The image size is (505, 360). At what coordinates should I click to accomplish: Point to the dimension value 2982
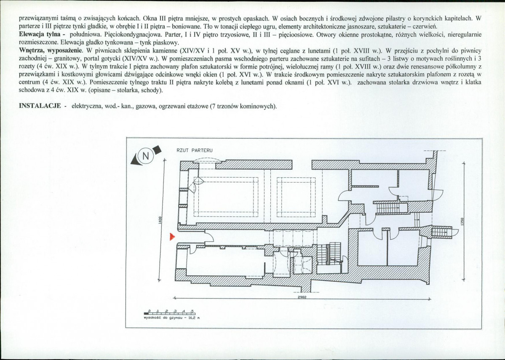tap(301, 296)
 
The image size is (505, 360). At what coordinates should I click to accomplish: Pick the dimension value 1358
tap(462, 221)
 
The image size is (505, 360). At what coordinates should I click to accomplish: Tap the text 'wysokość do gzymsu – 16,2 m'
tap(171, 318)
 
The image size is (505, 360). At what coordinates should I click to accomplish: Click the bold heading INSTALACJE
tap(40, 106)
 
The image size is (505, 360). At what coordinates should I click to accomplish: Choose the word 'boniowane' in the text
tap(163, 27)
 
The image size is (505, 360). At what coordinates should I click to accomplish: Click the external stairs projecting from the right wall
tap(443, 232)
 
